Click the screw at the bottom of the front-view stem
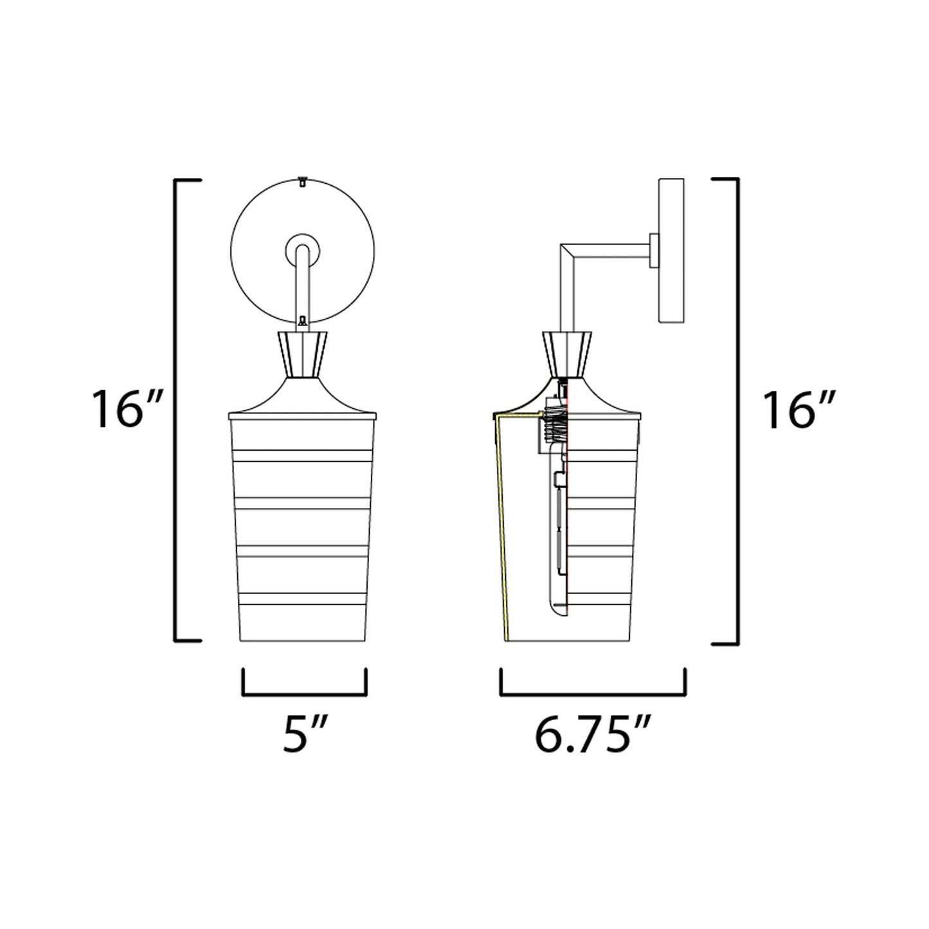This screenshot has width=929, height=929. click(x=302, y=320)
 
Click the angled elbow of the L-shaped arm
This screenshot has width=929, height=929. click(x=568, y=251)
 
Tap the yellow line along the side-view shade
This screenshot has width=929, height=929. click(x=501, y=527)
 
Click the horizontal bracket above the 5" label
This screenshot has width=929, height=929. click(x=304, y=694)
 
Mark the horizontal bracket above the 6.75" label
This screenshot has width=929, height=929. click(x=593, y=694)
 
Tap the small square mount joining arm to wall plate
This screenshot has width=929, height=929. click(x=653, y=251)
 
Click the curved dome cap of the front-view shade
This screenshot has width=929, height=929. click(x=302, y=399)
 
